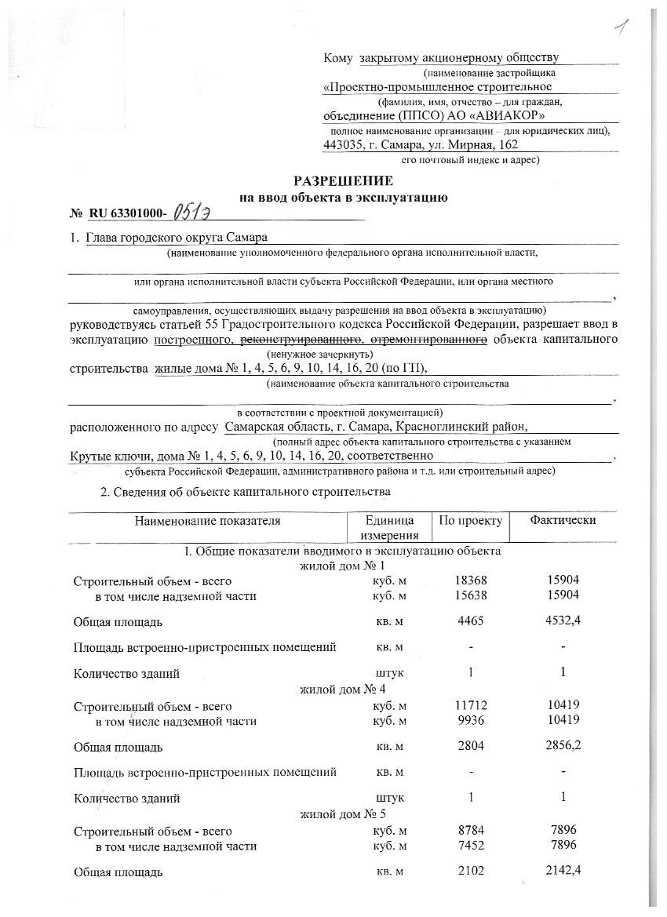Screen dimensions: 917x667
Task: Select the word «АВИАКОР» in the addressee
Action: (x=481, y=115)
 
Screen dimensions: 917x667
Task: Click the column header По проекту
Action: (x=470, y=520)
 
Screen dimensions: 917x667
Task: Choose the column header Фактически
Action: (x=563, y=520)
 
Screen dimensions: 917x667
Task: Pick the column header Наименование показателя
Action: (x=207, y=520)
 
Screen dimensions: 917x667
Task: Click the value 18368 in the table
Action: (x=471, y=580)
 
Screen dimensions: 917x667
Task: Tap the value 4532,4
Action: (x=564, y=622)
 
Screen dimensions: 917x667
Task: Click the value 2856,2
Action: (x=564, y=746)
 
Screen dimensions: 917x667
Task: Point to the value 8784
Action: (x=471, y=830)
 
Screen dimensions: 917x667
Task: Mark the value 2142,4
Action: (x=564, y=871)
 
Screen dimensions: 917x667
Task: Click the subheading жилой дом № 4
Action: (x=343, y=690)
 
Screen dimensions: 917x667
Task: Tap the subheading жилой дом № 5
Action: (x=343, y=814)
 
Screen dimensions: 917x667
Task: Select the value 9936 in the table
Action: (x=471, y=720)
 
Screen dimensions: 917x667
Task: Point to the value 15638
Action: (x=471, y=596)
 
